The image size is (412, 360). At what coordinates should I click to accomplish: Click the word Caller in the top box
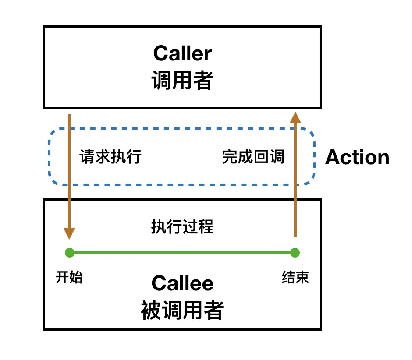[x=182, y=54]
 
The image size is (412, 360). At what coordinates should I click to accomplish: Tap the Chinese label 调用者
[x=182, y=81]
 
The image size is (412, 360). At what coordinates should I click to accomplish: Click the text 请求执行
[x=110, y=157]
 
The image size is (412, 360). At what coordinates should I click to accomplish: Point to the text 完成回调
[x=253, y=157]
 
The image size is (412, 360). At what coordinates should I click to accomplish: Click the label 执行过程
[x=182, y=227]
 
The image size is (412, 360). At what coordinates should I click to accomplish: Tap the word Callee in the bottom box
[x=182, y=284]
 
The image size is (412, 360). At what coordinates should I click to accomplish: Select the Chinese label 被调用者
[x=182, y=311]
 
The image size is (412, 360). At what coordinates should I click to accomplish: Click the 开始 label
[x=69, y=278]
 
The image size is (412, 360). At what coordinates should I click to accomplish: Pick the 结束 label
[x=295, y=278]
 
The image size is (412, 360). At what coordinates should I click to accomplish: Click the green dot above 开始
[x=69, y=253]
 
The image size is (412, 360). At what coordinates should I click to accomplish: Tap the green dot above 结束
[x=295, y=253]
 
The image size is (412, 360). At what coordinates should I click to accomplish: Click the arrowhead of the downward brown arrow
[x=69, y=233]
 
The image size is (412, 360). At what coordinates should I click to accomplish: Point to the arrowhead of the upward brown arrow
[x=295, y=117]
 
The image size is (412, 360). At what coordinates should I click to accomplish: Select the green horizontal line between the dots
[x=182, y=253]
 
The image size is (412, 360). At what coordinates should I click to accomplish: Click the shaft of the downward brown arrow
[x=69, y=175]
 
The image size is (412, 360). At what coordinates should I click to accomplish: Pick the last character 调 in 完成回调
[x=277, y=157]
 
